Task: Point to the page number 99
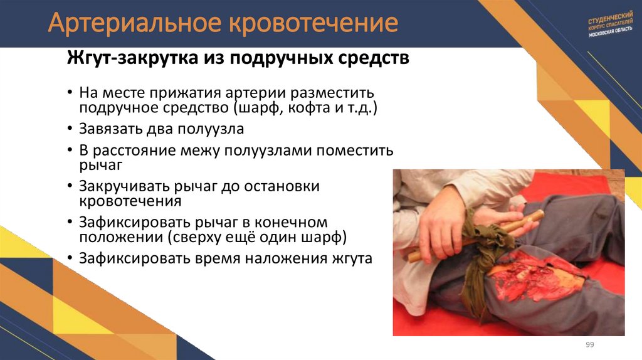point(589,345)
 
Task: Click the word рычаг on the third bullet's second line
point(101,166)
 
